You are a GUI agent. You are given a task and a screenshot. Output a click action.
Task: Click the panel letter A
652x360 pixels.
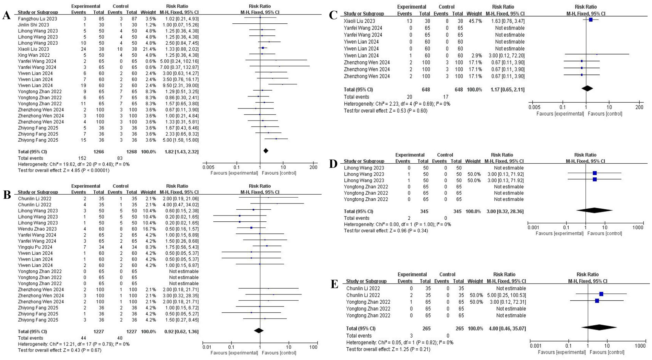(6, 16)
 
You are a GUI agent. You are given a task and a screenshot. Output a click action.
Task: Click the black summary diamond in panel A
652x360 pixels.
(265, 151)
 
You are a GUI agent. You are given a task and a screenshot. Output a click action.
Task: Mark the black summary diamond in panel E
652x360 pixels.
(599, 327)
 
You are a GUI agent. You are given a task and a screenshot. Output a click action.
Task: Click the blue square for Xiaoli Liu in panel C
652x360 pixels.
(591, 20)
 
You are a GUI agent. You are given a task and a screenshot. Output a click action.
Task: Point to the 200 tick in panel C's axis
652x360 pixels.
(639, 107)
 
